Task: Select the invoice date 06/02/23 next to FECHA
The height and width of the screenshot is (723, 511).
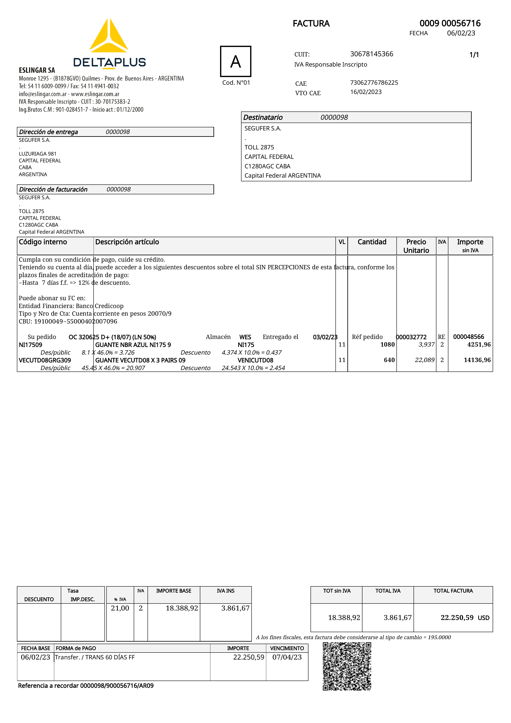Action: tap(461, 33)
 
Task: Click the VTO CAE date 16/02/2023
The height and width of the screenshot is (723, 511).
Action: tap(366, 92)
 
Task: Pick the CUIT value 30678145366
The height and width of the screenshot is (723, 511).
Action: tap(372, 54)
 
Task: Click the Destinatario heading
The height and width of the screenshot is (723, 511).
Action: tap(263, 117)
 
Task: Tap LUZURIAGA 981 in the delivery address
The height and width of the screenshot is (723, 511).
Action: tap(38, 154)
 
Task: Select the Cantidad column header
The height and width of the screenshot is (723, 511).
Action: tap(372, 242)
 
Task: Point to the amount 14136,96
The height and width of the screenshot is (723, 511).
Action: tap(477, 360)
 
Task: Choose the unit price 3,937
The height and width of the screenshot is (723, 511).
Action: tap(426, 345)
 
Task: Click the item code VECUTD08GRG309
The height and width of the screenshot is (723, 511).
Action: tap(45, 360)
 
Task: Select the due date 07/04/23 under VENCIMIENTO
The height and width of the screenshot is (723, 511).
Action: tap(287, 657)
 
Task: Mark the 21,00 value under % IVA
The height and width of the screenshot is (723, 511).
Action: tap(120, 608)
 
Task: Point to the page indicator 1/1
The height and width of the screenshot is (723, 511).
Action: tap(474, 55)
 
